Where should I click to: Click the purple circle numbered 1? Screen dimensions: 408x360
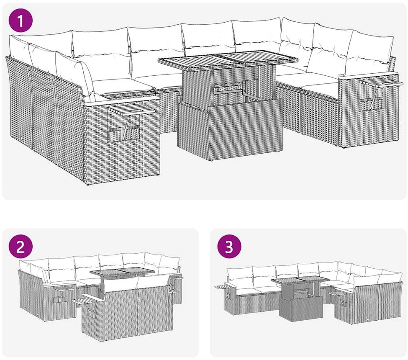coord(21,21)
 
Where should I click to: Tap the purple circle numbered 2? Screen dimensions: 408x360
coord(21,247)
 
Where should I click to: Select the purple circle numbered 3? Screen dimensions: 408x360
coord(229,247)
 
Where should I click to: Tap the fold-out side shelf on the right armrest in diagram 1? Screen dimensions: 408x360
coord(381,83)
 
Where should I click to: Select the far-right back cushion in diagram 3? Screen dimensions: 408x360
coord(390,278)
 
